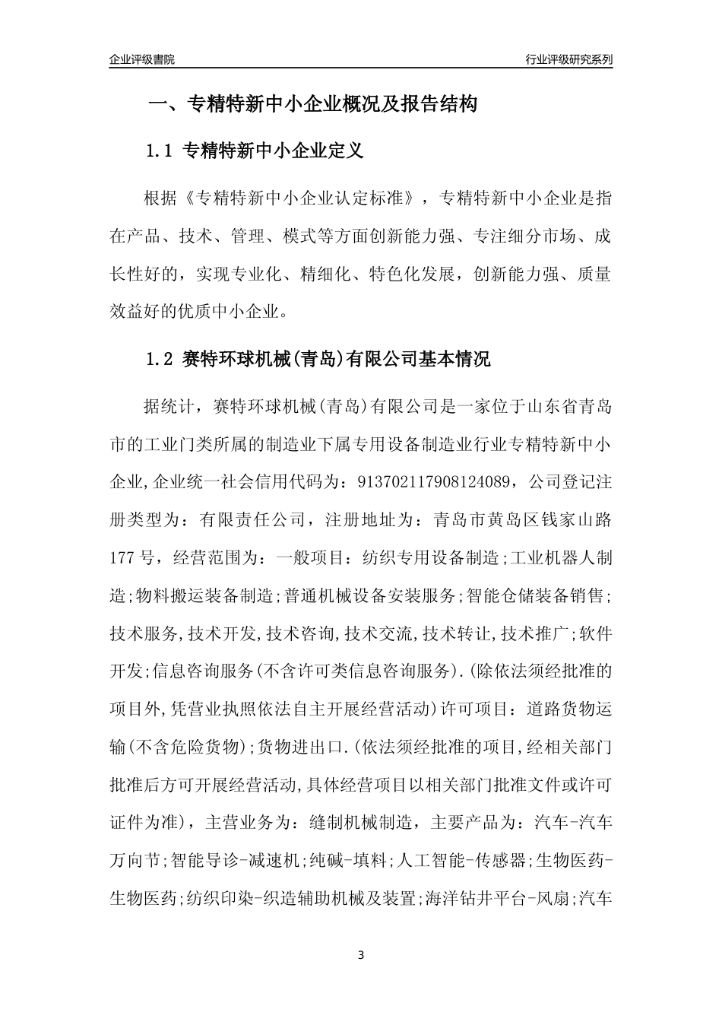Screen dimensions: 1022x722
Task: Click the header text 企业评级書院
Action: click(x=142, y=59)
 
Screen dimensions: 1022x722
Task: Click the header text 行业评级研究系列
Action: click(x=568, y=59)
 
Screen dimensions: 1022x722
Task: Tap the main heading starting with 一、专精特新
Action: click(x=312, y=104)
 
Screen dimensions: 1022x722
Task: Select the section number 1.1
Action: click(x=160, y=151)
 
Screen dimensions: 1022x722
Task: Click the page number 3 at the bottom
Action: click(x=361, y=954)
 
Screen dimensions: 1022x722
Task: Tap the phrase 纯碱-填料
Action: click(x=350, y=861)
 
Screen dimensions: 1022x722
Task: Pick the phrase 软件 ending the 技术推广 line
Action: click(x=597, y=634)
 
